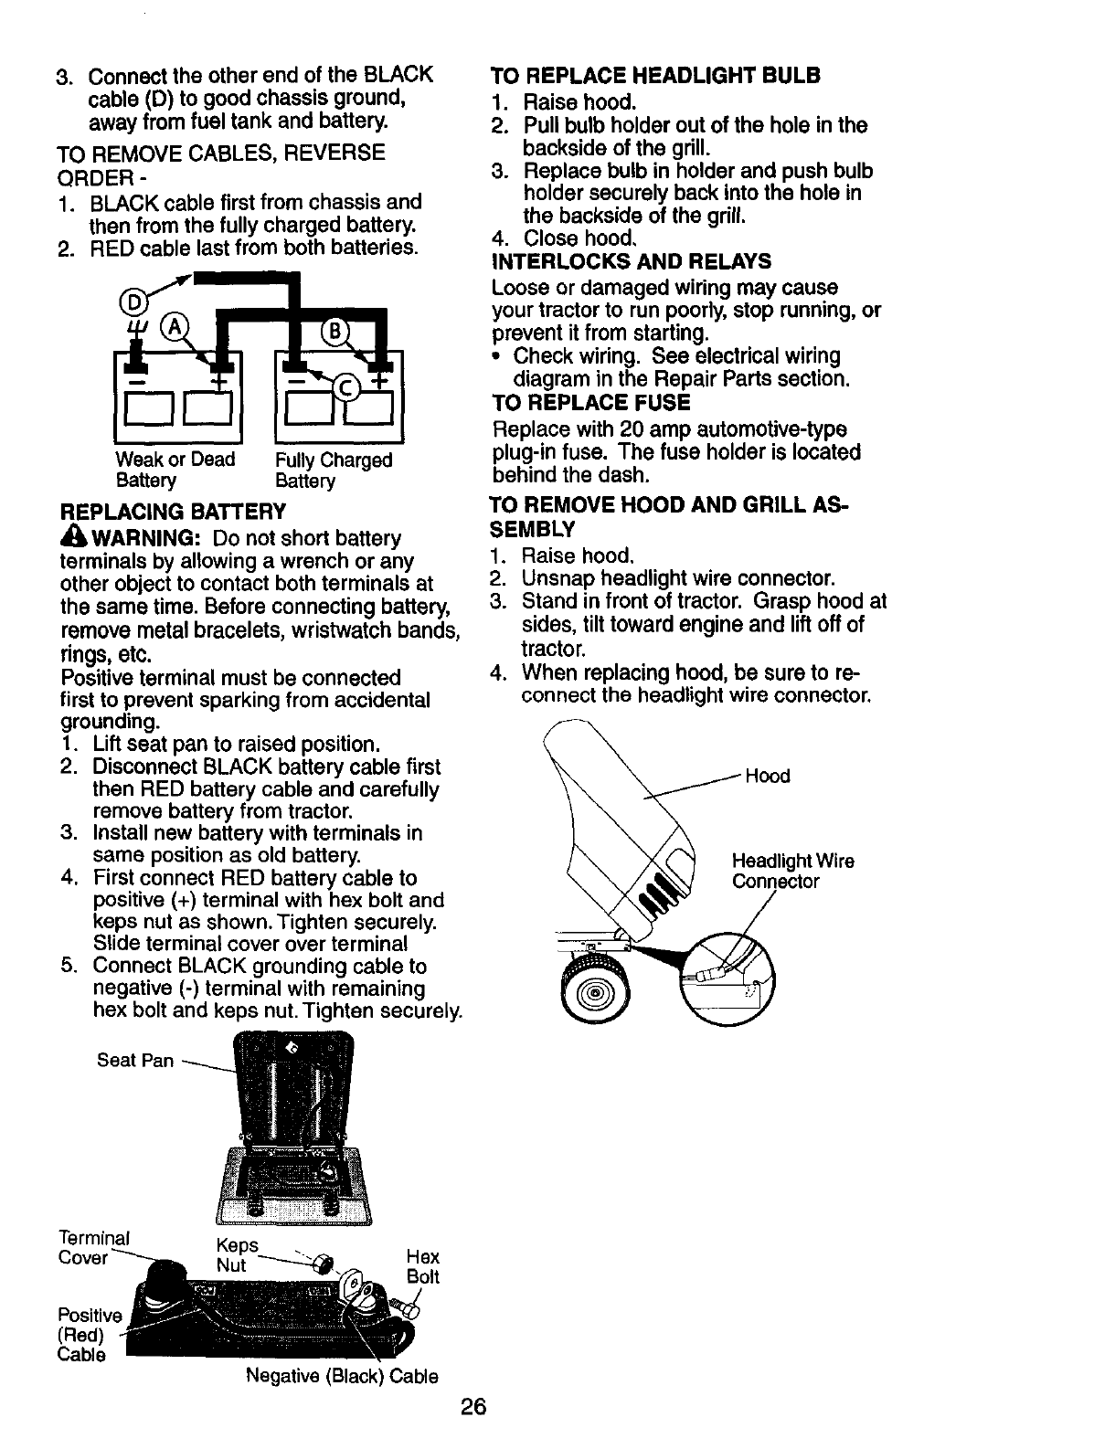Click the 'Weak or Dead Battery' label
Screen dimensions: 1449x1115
coord(175,470)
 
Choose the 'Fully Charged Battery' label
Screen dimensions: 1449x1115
coord(334,470)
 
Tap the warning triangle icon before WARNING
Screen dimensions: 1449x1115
coord(70,536)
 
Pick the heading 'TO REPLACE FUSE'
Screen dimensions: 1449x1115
coord(590,403)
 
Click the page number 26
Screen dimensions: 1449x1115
coord(473,1408)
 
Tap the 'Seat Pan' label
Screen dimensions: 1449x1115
coord(134,1060)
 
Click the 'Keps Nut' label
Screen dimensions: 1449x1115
coord(237,1256)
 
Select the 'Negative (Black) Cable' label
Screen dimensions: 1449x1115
coord(342,1376)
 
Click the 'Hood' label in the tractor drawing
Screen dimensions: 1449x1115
coord(768,777)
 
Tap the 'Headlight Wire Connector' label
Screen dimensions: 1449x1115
coord(791,872)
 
